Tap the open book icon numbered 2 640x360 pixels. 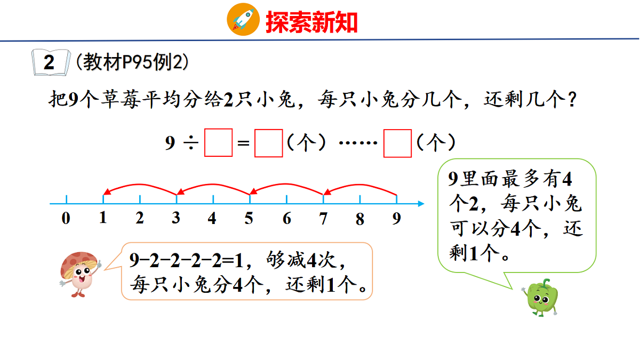pyautogui.click(x=50, y=62)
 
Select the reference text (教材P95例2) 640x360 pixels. pyautogui.click(x=132, y=63)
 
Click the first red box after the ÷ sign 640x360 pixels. pyautogui.click(x=219, y=143)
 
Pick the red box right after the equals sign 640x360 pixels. pyautogui.click(x=268, y=143)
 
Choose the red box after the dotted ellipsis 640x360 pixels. pyautogui.click(x=397, y=143)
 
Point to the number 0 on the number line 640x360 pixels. pyautogui.click(x=66, y=218)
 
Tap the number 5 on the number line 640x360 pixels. pyautogui.click(x=249, y=218)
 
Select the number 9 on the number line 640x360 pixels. pyautogui.click(x=396, y=218)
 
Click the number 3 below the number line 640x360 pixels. pyautogui.click(x=176, y=218)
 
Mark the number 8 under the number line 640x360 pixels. pyautogui.click(x=360, y=218)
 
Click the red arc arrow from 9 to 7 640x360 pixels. pyautogui.click(x=359, y=186)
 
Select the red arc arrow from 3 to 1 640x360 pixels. pyautogui.click(x=139, y=186)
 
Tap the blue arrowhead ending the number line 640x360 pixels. pyautogui.click(x=421, y=204)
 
